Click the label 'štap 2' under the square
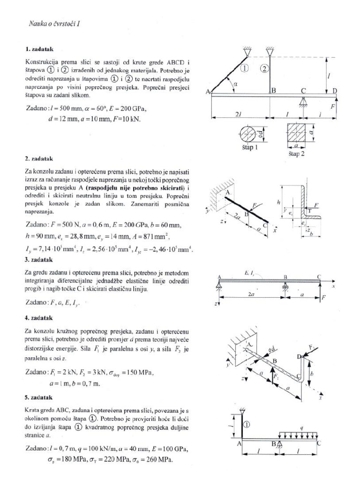click(x=296, y=155)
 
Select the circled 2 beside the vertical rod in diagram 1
click(x=264, y=68)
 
